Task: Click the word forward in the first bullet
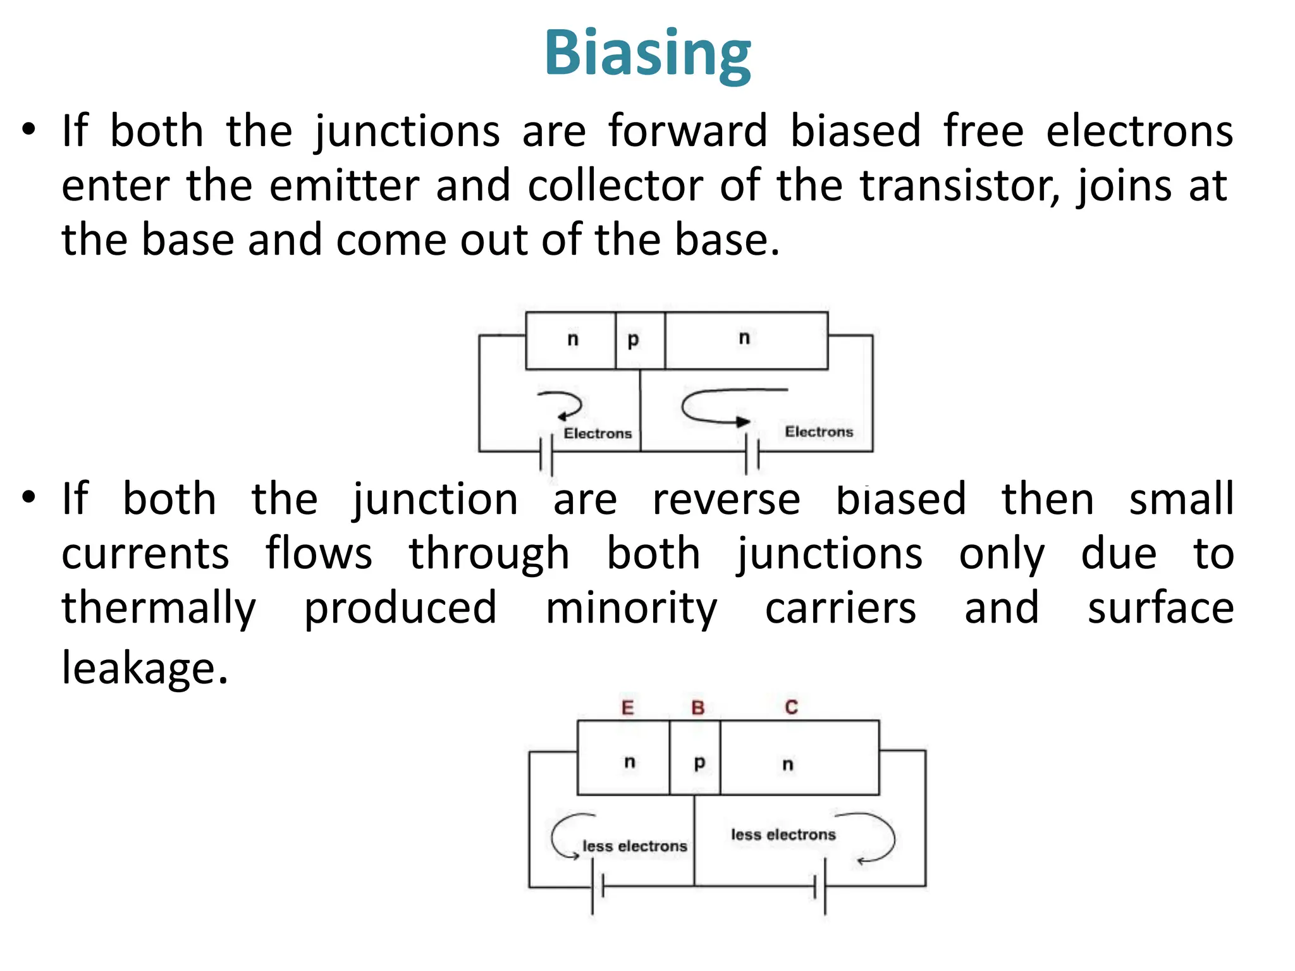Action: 688,131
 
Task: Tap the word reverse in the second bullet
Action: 726,499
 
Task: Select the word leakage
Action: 144,668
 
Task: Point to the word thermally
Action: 159,608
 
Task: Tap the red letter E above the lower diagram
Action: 627,707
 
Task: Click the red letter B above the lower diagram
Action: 697,707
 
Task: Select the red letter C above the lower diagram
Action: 791,707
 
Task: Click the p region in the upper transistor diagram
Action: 639,340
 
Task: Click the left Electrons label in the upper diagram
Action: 598,434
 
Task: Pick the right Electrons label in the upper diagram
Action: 819,432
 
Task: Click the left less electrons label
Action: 634,846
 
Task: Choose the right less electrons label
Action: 783,834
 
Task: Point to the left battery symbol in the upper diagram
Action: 546,454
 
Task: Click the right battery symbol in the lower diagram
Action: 820,886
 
